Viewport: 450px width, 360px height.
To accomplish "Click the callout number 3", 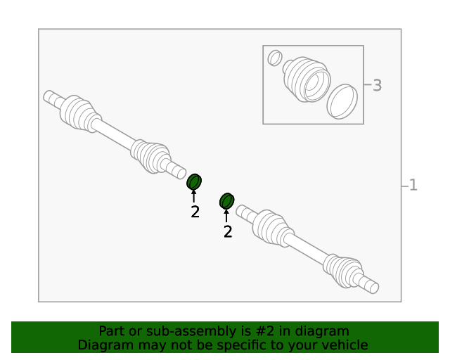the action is tap(377, 85).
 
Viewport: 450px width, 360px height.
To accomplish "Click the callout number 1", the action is tap(413, 185).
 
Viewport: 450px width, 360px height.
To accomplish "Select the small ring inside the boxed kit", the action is tap(275, 58).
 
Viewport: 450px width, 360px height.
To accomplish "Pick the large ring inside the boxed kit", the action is tap(342, 101).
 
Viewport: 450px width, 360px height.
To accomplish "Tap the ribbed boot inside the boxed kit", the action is tap(307, 79).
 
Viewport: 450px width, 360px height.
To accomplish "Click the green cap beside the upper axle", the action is tap(194, 181).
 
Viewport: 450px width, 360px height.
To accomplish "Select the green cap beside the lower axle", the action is tap(226, 201).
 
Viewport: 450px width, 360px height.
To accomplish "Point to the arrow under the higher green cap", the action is tap(194, 196).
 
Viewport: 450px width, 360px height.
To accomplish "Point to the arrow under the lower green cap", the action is tap(226, 216).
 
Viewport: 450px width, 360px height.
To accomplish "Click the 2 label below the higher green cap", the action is tap(195, 212).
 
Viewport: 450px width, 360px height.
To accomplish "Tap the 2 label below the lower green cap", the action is tap(228, 231).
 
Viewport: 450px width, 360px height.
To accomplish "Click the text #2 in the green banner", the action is tap(264, 331).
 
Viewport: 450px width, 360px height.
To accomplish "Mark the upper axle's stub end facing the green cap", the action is tap(181, 174).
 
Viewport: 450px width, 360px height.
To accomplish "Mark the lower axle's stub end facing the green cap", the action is tap(240, 210).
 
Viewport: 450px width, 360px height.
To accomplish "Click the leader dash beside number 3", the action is tap(368, 84).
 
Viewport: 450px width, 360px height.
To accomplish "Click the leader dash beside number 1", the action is tap(405, 186).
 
